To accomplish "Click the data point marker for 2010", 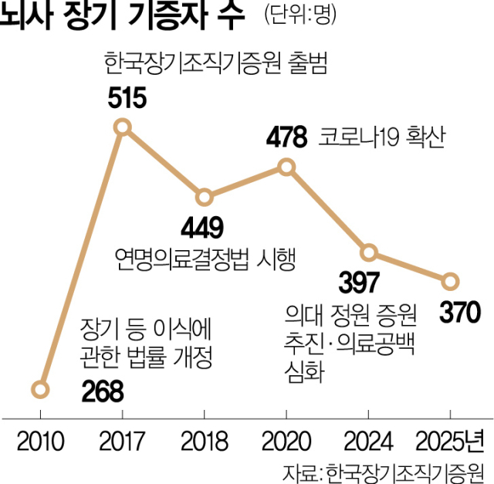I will (x=41, y=389).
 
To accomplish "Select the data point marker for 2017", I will (x=123, y=127).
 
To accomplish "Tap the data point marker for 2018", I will (x=205, y=198).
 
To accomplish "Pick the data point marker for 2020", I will (x=286, y=167).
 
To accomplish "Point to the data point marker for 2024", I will (x=369, y=253).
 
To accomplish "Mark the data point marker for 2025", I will (x=451, y=281).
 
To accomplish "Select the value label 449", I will (x=202, y=227).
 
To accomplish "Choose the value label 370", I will (x=461, y=313).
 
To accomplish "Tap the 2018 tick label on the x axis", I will (x=205, y=442).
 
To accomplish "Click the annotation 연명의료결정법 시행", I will (x=204, y=257).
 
